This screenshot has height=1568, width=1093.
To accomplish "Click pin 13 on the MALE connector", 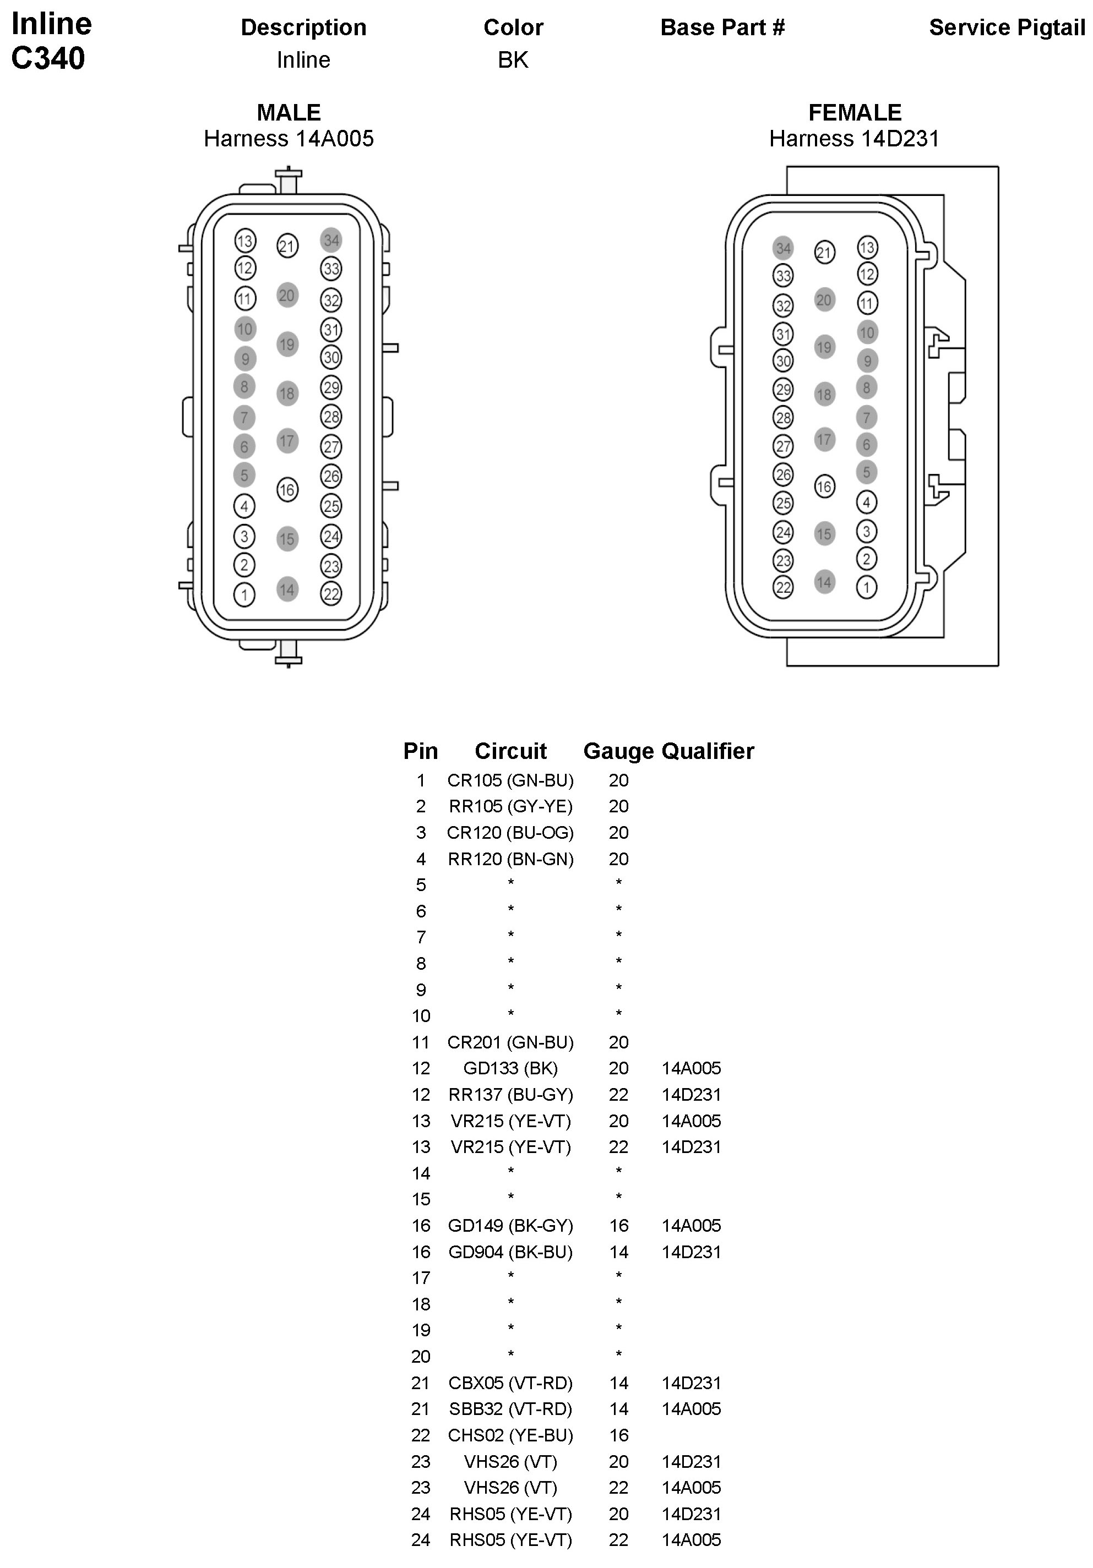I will [244, 241].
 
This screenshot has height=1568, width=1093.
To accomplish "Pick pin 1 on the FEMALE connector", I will [866, 587].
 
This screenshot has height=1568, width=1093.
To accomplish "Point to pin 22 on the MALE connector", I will [331, 593].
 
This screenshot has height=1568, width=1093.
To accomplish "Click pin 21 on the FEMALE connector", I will [824, 253].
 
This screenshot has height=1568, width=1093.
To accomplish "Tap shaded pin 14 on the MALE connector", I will [287, 589].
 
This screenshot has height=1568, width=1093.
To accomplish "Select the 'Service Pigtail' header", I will [1007, 28].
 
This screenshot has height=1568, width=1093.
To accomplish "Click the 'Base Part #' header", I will [722, 28].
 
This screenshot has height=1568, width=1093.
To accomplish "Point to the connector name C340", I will [48, 58].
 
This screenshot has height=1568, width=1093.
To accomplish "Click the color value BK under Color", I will [513, 60].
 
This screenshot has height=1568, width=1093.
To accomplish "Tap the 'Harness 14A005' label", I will [289, 139].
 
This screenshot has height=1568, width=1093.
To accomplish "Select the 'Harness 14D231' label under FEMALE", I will [854, 139].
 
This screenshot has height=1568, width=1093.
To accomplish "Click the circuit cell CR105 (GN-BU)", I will [510, 780].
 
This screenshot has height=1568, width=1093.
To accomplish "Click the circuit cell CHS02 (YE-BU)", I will [510, 1435].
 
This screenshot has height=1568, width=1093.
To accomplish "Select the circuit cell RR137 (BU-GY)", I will [510, 1094].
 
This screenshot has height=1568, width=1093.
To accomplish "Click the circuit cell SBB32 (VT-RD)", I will [510, 1408].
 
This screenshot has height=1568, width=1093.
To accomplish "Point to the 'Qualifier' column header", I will [708, 751].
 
